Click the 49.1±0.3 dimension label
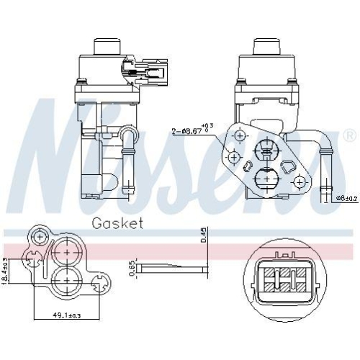coord(67,315)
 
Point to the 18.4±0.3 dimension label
coord(5,271)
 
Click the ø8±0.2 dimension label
coord(347,199)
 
